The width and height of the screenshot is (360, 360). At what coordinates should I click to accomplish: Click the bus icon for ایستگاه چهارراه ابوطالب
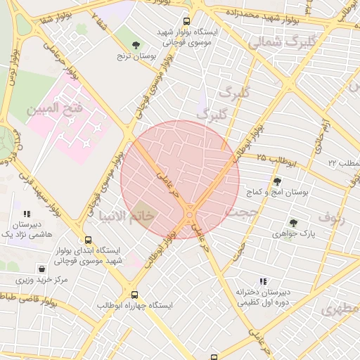pos(134,295)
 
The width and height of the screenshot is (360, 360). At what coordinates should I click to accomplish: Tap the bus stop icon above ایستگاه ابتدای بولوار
pos(88,240)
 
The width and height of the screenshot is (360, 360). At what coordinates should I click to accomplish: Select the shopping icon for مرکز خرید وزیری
pos(42,269)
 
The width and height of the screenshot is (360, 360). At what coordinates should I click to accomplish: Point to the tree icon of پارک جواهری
pos(293,223)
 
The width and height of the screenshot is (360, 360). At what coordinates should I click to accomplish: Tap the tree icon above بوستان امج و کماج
pos(276,181)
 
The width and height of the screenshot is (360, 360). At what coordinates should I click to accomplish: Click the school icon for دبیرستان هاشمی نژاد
pos(27,213)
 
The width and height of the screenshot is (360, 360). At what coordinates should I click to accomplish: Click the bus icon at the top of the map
pos(186,21)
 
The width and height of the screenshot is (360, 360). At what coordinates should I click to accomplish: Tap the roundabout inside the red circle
pos(191,214)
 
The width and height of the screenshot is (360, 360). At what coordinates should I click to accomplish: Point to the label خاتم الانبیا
pos(126,216)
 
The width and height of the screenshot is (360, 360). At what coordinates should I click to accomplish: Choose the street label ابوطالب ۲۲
pos(343,163)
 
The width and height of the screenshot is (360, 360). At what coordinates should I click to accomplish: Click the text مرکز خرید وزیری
pos(42,281)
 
